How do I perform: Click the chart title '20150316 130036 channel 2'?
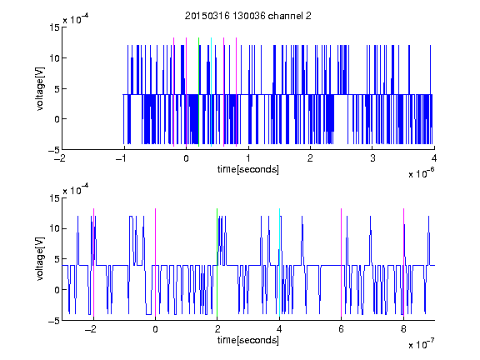click(248, 16)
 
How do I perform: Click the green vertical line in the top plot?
click(198, 92)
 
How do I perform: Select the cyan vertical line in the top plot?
click(211, 92)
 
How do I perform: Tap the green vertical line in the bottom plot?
click(217, 262)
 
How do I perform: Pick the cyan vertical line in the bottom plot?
click(279, 262)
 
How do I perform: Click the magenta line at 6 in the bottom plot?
click(342, 262)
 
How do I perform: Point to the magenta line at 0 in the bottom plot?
click(155, 262)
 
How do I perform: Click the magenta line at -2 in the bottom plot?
click(93, 262)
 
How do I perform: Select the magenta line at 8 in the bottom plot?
click(403, 262)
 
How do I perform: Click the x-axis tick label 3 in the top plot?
click(372, 158)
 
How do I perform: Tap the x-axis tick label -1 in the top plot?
click(122, 158)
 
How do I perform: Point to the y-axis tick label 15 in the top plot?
click(54, 27)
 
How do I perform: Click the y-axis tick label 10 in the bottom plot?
click(54, 228)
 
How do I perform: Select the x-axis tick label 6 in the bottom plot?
click(342, 329)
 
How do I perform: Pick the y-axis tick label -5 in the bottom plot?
click(54, 321)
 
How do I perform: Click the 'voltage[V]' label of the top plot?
click(40, 89)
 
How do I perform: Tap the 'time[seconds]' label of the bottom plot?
click(248, 340)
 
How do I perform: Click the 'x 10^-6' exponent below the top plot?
click(421, 173)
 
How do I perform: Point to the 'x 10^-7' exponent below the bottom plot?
click(421, 344)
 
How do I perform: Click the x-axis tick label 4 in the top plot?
click(434, 158)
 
